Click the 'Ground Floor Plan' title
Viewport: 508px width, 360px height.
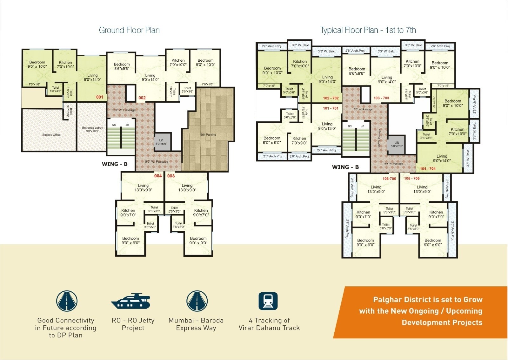129,30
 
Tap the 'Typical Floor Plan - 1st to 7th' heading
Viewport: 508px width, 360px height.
368,30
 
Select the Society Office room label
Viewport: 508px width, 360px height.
51,135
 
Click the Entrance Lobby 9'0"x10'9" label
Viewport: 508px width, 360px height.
92,129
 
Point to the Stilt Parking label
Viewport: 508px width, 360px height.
208,135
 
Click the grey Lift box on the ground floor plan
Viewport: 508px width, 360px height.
161,142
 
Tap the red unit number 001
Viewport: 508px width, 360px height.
100,97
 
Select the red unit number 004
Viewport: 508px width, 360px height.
158,176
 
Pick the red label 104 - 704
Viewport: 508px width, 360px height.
428,169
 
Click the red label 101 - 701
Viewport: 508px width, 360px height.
331,108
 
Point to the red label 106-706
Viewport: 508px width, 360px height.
389,179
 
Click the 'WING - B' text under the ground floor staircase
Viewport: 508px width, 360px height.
115,164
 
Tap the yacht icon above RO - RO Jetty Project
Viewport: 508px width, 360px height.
130,301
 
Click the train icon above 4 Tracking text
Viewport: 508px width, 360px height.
268,301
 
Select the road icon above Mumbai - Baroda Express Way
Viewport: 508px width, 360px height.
197,301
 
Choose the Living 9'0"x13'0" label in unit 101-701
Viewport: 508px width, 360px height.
327,126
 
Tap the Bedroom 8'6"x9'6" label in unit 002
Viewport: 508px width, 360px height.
122,66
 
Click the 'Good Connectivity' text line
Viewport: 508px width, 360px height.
66,320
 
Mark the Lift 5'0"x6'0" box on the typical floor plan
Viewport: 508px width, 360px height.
397,144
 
